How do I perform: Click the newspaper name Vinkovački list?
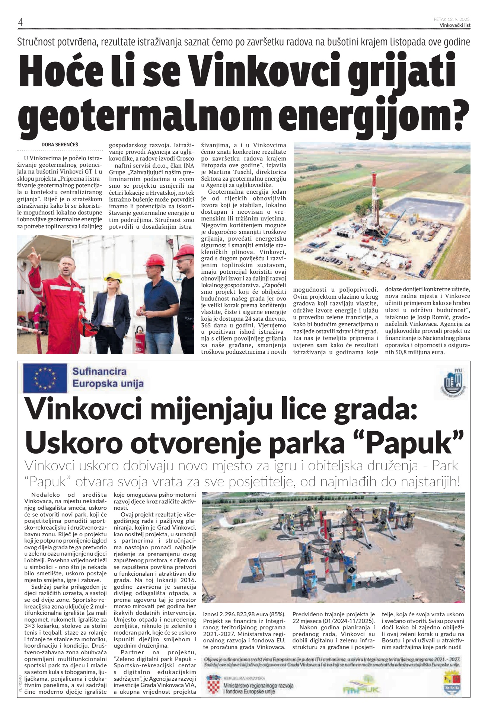455,25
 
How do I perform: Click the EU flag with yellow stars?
45,378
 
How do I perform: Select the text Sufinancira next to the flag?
99,371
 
